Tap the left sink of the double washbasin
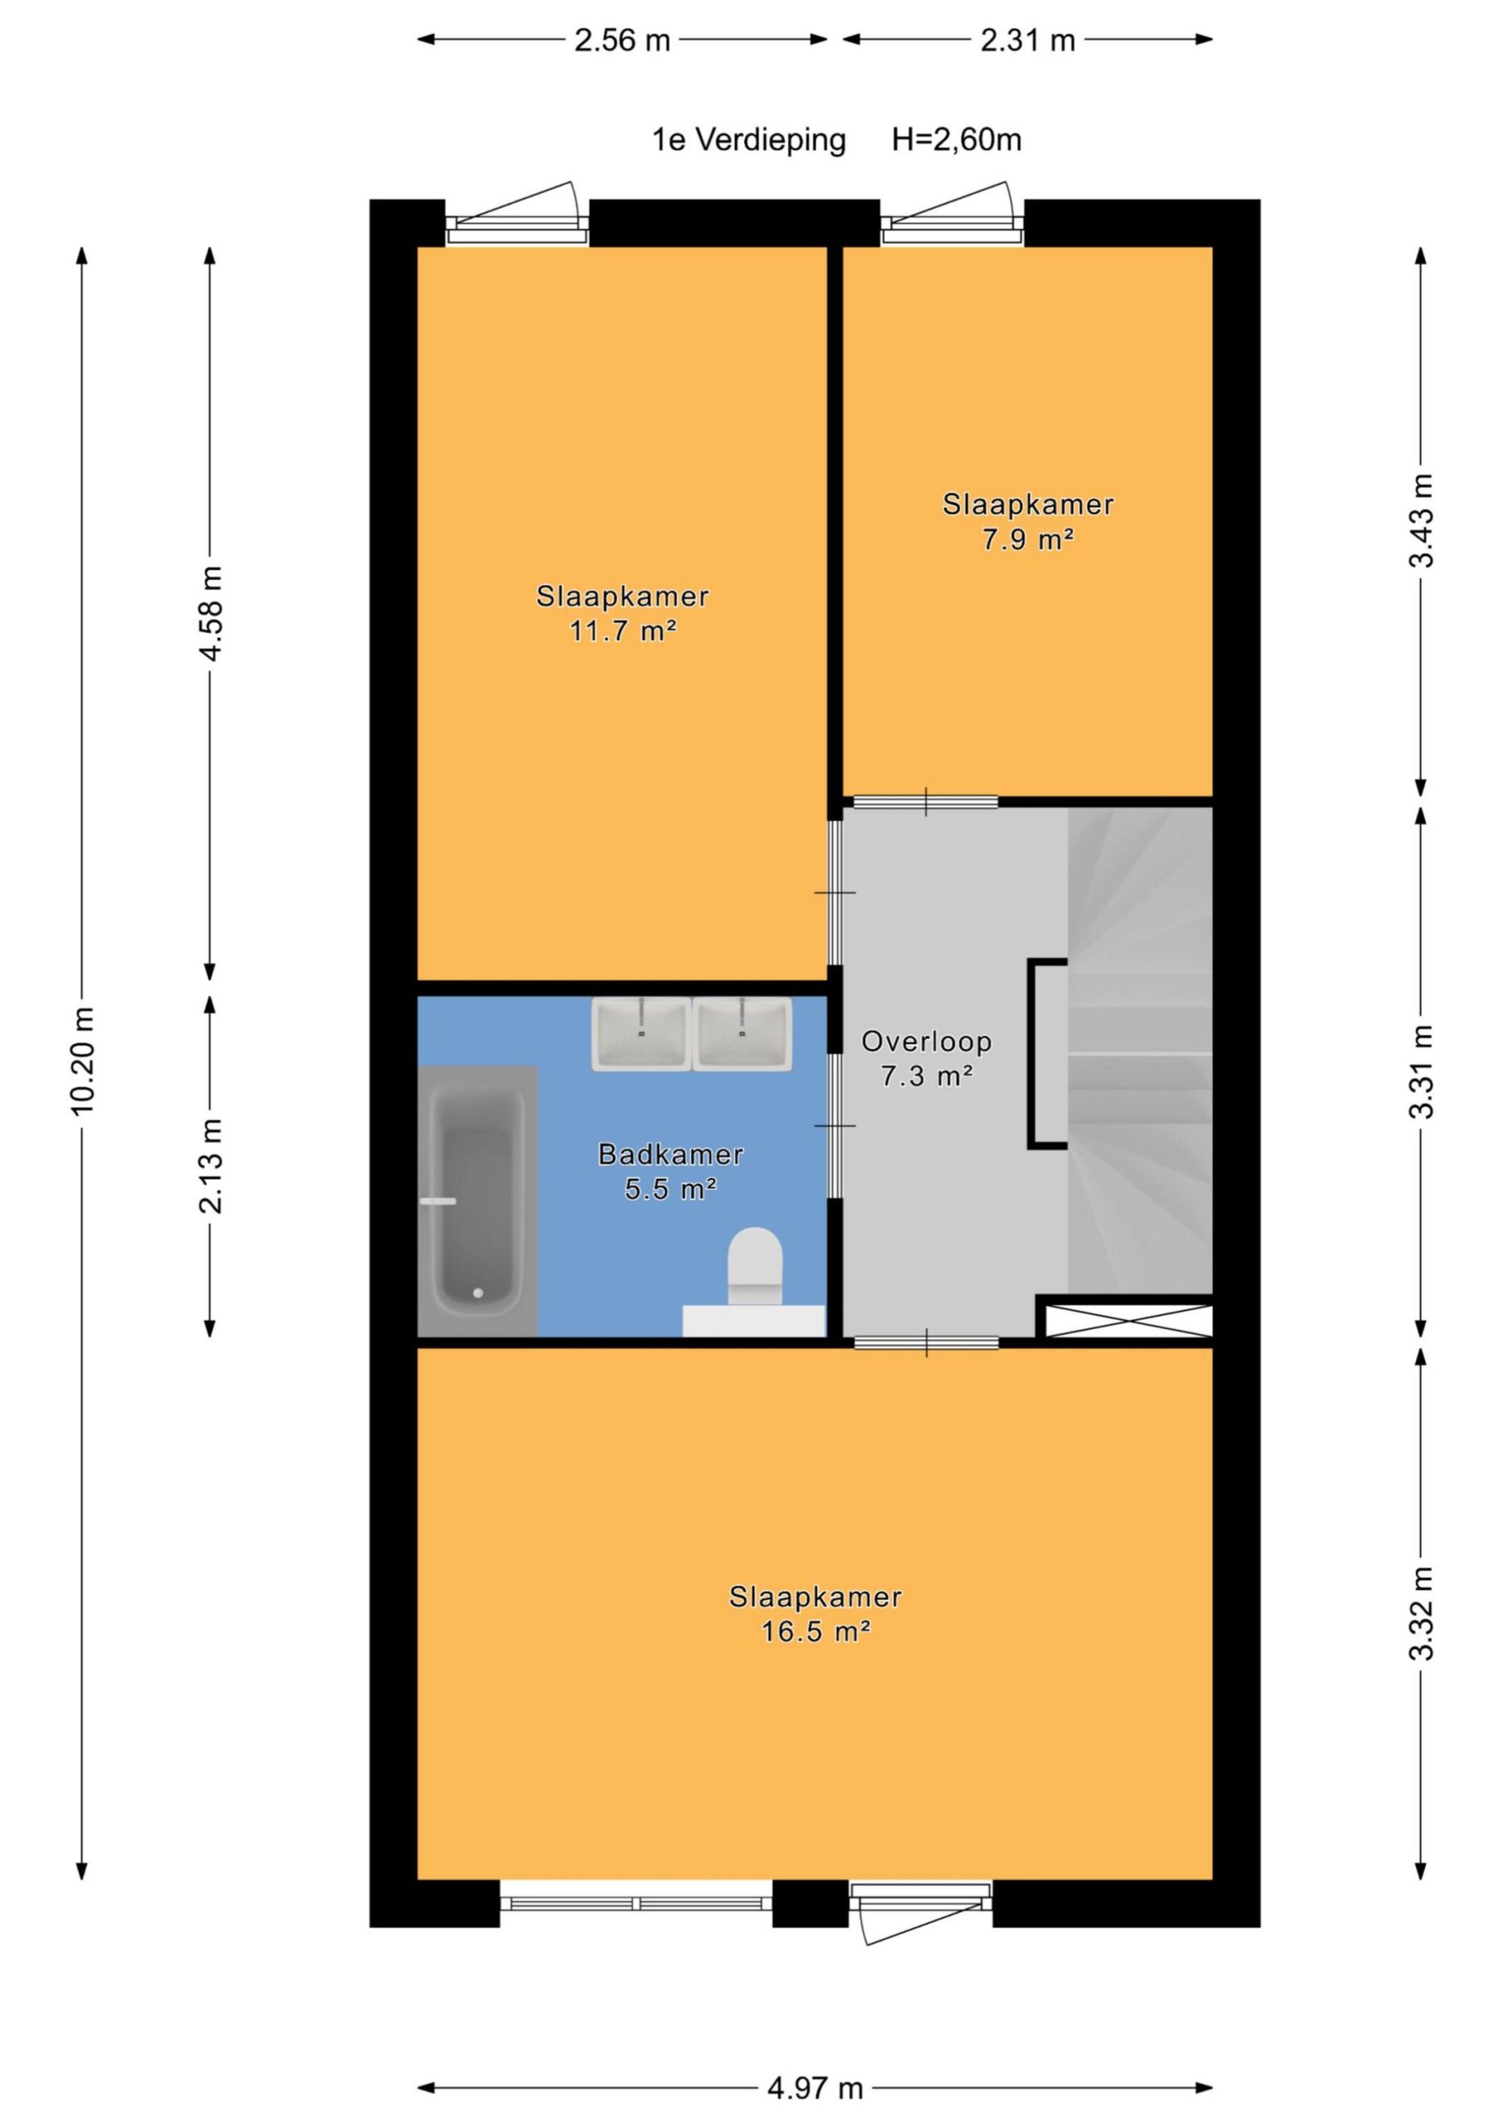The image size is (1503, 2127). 642,1034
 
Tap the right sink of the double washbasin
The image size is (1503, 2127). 742,1034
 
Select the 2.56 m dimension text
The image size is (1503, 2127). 622,41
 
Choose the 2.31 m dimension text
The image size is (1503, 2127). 1028,41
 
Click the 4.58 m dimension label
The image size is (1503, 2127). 211,612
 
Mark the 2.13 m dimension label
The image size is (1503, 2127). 211,1166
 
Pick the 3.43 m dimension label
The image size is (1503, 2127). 1422,521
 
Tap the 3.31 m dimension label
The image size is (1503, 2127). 1422,1072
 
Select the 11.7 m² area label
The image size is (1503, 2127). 622,631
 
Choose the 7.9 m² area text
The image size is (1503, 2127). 1028,539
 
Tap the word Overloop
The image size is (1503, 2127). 926,1041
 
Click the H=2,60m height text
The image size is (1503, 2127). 957,140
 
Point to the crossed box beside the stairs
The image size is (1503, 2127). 1128,1320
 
